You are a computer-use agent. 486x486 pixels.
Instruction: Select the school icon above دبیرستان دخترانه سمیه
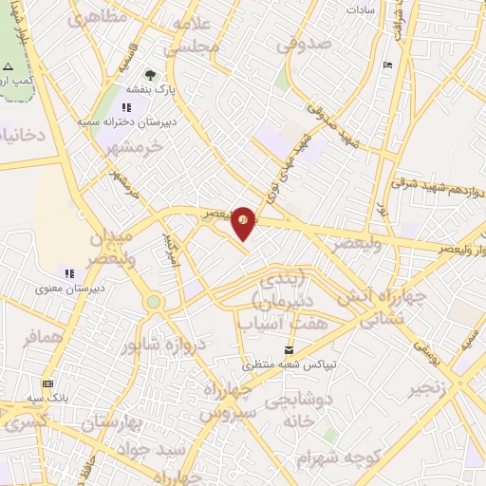coord(126,107)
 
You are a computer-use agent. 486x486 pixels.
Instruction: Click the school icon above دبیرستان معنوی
coord(68,273)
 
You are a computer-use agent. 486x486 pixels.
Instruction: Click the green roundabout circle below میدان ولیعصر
coord(153,302)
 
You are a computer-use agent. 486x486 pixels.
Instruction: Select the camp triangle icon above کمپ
coord(8,67)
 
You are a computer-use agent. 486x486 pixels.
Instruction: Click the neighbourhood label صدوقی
coord(305,45)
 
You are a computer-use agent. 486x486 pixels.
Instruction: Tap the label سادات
coord(363,9)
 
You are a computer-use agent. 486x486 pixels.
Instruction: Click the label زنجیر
coord(428,389)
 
